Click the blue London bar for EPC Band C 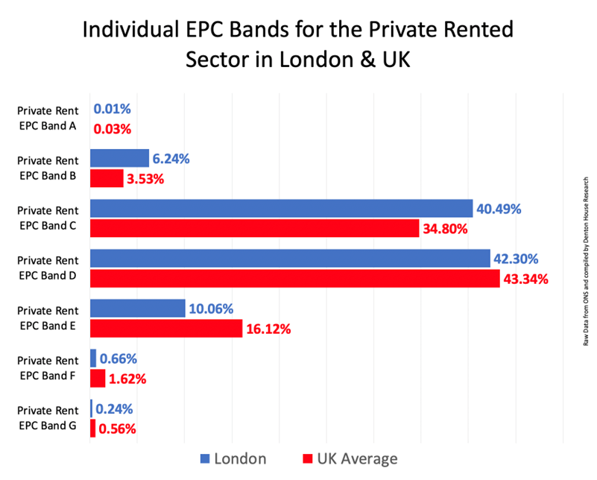tap(281, 208)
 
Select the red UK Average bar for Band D tap(294, 279)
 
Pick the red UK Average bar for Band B tap(107, 178)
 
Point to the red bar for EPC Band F tap(98, 378)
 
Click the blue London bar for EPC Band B tap(119, 158)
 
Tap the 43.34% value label tap(525, 280)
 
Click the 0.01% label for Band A tap(113, 109)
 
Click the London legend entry tap(232, 458)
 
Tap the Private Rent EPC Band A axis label tap(47, 119)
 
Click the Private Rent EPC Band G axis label tap(47, 418)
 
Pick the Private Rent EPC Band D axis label tap(47, 268)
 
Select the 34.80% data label tap(445, 229)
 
